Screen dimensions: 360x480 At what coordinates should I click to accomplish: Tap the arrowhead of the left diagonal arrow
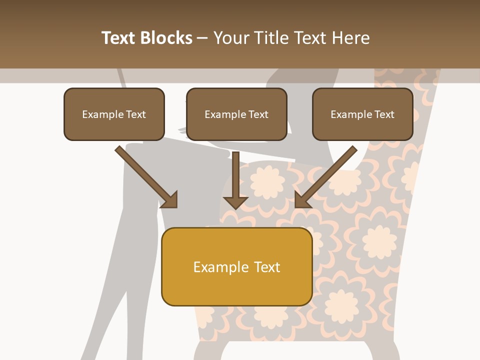click(170, 200)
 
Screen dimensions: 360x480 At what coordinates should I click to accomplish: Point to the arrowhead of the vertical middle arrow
click(235, 202)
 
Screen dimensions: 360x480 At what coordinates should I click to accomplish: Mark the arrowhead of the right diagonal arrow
click(301, 200)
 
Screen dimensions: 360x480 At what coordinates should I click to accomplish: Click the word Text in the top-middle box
click(258, 114)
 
